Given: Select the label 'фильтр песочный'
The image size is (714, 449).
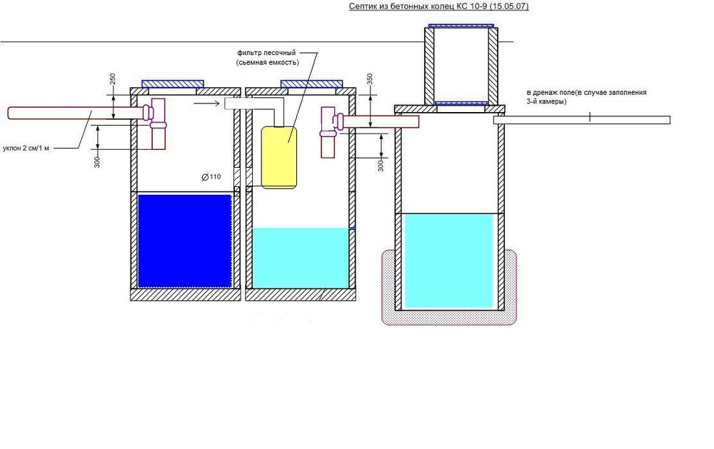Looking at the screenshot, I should [x=267, y=53].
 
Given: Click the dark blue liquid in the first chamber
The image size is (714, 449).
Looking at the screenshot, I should [x=185, y=241].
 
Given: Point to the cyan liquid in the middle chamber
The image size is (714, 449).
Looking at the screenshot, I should [x=301, y=258].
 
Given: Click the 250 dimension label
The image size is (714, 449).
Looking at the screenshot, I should [x=113, y=79].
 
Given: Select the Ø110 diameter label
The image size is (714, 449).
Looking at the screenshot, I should [x=211, y=176].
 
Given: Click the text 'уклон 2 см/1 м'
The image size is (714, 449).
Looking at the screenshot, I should [x=29, y=148].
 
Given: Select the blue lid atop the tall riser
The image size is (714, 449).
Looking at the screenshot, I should [x=461, y=26].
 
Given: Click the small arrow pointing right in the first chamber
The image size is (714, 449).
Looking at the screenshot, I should [x=205, y=103].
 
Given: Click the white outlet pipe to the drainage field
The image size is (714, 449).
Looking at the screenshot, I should [x=582, y=120].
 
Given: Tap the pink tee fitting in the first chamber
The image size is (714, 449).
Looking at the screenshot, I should [x=155, y=113].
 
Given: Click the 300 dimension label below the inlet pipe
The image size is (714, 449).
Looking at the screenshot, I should [x=97, y=161].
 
